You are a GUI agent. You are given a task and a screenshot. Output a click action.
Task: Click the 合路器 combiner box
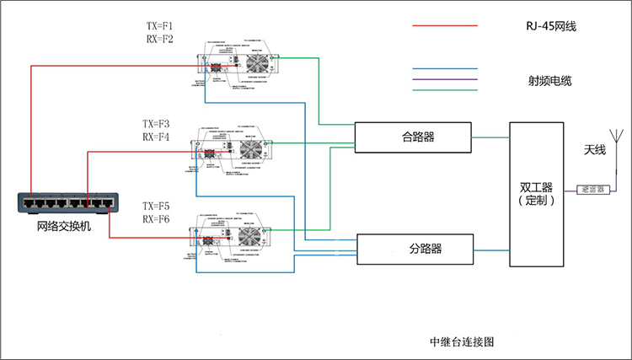click(x=412, y=137)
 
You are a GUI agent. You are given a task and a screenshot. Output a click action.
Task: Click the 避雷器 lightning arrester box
click(x=593, y=190)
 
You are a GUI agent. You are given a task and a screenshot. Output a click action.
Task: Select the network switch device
click(x=68, y=203)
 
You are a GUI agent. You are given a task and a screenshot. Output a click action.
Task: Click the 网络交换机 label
click(x=64, y=227)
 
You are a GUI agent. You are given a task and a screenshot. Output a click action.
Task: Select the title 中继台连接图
click(x=460, y=342)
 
